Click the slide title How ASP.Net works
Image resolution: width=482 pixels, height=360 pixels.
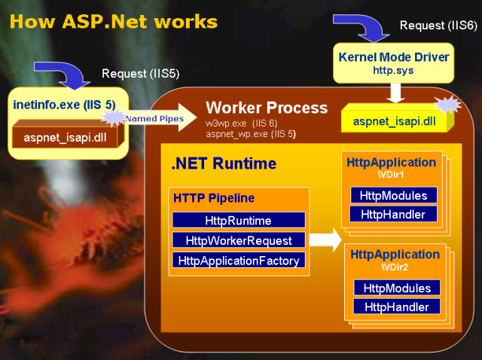point(114,21)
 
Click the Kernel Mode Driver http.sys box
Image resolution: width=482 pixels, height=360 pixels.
point(394,64)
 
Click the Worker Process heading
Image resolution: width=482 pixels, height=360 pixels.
point(267,107)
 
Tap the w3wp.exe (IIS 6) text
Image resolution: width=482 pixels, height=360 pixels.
point(243,123)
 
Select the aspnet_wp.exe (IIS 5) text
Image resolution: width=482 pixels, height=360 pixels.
point(250,133)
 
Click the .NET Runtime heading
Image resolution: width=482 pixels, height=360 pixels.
point(224,163)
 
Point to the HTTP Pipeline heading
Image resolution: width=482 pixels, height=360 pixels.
point(214,199)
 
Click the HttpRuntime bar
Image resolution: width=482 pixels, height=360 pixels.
point(238,220)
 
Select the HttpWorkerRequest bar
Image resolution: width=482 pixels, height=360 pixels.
point(238,240)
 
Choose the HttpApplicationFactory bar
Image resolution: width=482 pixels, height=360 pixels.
point(238,261)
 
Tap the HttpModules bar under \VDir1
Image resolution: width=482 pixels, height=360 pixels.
point(393,196)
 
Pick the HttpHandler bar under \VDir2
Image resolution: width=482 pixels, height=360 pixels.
point(397,307)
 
